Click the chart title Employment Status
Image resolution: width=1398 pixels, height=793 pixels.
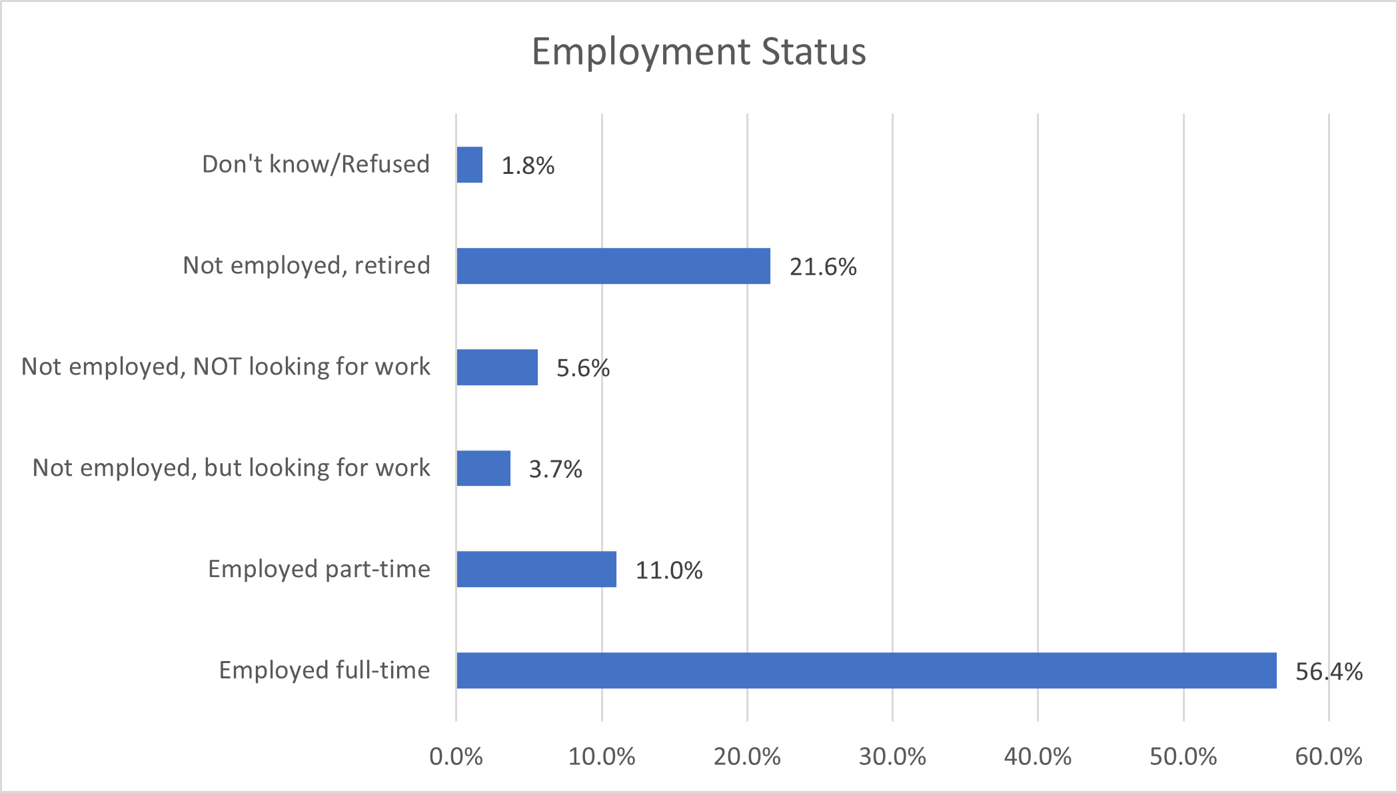(698, 51)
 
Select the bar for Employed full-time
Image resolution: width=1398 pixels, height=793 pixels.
(866, 670)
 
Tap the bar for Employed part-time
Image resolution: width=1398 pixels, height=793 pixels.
(536, 569)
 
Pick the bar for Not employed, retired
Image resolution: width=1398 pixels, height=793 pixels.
(613, 266)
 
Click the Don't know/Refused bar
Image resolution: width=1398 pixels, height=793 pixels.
(469, 165)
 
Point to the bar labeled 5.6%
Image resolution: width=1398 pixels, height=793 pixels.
(497, 367)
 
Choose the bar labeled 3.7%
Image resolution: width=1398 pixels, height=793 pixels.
(483, 468)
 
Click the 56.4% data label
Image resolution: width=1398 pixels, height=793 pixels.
(1329, 672)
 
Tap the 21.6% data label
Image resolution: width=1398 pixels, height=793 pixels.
(823, 267)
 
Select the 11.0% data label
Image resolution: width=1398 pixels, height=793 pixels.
(669, 570)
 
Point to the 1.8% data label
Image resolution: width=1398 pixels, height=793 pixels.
(528, 166)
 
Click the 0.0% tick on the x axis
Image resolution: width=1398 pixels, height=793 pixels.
(456, 757)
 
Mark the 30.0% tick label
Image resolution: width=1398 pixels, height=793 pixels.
(892, 757)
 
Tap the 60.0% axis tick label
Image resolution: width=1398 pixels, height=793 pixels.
(1328, 757)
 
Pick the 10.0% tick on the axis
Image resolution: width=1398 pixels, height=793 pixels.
(602, 757)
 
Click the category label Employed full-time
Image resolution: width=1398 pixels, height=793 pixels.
(325, 670)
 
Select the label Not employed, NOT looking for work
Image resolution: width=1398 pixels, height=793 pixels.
(226, 367)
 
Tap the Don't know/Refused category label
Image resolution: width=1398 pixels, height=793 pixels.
(316, 164)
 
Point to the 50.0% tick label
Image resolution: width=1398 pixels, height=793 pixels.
(1183, 757)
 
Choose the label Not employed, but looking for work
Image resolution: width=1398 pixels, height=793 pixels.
(231, 468)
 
